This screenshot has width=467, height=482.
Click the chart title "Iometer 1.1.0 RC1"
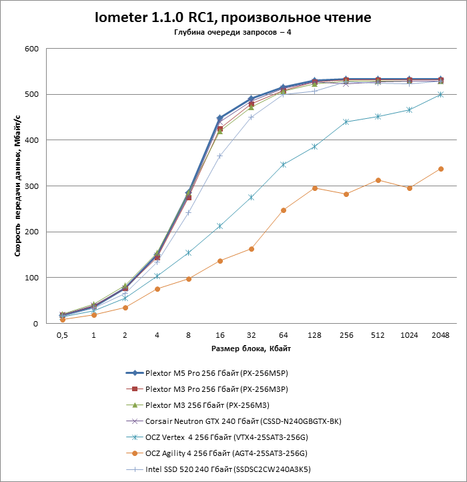[x=233, y=16]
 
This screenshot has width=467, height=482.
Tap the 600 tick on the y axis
[x=31, y=49]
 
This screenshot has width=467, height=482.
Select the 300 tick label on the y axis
[x=31, y=186]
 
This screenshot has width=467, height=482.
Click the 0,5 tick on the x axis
[x=62, y=334]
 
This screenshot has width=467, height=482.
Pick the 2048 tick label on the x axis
[x=440, y=334]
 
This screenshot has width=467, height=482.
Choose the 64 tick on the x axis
[x=283, y=334]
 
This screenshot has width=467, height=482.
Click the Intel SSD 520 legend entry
[x=227, y=469]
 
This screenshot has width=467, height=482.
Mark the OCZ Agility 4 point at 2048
[x=440, y=169]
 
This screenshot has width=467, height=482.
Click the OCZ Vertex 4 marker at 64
[x=283, y=164]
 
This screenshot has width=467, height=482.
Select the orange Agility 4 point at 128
[x=314, y=188]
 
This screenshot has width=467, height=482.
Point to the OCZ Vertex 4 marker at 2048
[x=440, y=95]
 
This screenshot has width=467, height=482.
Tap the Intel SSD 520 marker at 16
[x=219, y=156]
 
